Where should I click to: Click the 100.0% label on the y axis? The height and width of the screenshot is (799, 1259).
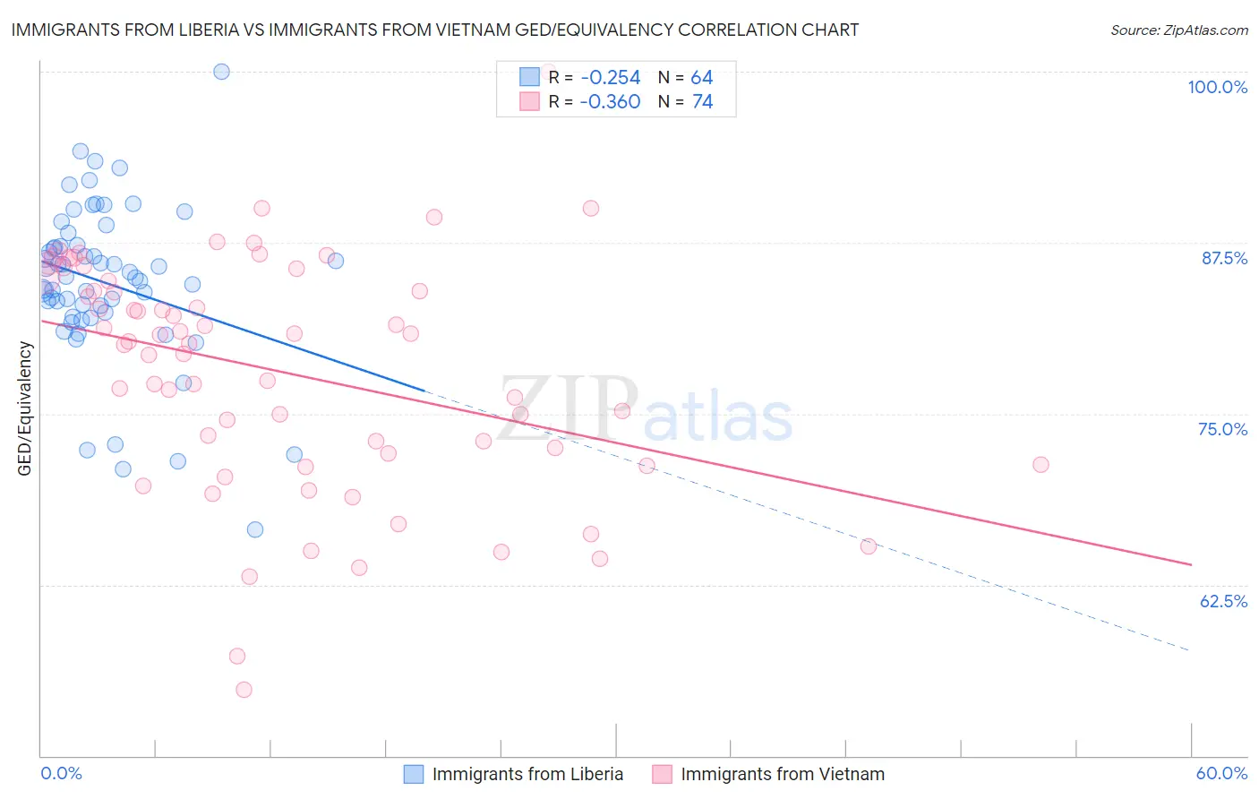pyautogui.click(x=1217, y=87)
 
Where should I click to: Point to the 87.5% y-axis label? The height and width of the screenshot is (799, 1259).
pyautogui.click(x=1224, y=258)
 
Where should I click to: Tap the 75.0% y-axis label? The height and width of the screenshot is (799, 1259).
pyautogui.click(x=1222, y=429)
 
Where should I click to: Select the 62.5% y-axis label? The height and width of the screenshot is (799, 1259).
pyautogui.click(x=1223, y=601)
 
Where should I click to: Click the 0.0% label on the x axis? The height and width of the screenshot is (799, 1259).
pyautogui.click(x=62, y=773)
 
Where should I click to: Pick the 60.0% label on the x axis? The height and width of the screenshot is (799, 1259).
pyautogui.click(x=1221, y=773)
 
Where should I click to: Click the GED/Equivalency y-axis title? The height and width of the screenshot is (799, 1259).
pyautogui.click(x=25, y=408)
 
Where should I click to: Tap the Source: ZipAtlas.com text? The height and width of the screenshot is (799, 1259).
pyautogui.click(x=1178, y=30)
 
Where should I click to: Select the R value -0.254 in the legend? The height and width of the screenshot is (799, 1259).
pyautogui.click(x=610, y=78)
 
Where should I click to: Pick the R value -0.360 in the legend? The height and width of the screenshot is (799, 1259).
pyautogui.click(x=610, y=102)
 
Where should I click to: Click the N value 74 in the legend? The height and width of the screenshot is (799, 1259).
pyautogui.click(x=702, y=102)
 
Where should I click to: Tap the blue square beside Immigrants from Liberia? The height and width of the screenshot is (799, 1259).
pyautogui.click(x=413, y=774)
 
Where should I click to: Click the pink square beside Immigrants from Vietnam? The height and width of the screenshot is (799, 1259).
pyautogui.click(x=662, y=774)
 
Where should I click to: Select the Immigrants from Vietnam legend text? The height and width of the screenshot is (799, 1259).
pyautogui.click(x=782, y=774)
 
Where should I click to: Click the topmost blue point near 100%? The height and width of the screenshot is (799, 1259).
pyautogui.click(x=221, y=72)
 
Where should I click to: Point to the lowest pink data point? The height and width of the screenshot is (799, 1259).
pyautogui.click(x=244, y=690)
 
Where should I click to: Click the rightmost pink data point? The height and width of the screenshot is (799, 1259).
pyautogui.click(x=1041, y=465)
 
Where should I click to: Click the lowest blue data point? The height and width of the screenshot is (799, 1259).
pyautogui.click(x=255, y=529)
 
